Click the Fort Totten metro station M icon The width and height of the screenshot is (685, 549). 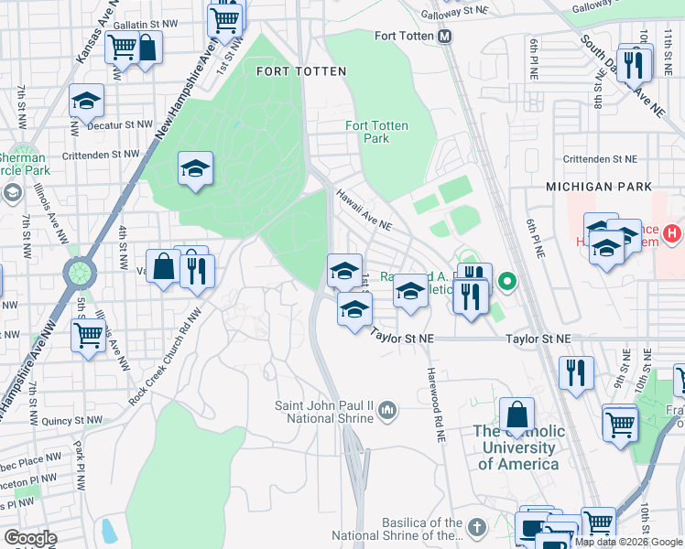click(x=445, y=37)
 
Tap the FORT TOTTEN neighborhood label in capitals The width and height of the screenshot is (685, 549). click(x=301, y=71)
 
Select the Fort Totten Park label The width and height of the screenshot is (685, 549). click(x=376, y=132)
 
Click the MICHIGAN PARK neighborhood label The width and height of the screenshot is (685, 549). click(x=598, y=186)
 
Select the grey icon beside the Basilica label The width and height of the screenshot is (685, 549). click(x=476, y=528)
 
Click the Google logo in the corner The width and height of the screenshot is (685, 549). click(x=29, y=537)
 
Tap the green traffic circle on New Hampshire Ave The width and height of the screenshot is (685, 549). click(x=80, y=272)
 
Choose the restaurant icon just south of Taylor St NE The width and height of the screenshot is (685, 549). click(x=576, y=371)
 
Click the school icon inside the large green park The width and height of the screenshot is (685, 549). click(x=195, y=168)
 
